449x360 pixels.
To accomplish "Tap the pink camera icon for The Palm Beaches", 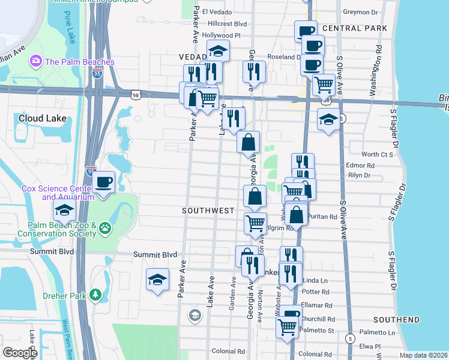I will (36, 61).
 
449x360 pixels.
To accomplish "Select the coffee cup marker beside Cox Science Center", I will (104, 182).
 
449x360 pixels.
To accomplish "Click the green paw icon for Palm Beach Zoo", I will (106, 227).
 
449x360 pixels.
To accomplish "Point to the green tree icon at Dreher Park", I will (94, 295).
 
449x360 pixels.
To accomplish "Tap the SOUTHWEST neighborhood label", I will (208, 211).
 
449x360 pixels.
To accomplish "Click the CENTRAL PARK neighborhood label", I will (351, 28).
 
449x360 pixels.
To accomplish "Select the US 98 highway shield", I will (136, 95).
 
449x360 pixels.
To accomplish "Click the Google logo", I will (20, 353).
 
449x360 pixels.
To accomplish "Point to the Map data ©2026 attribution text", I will (424, 355).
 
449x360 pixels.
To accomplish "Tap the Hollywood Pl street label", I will (221, 35).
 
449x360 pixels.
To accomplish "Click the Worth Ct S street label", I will (377, 154).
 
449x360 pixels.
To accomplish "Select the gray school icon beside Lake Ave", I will (195, 314).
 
